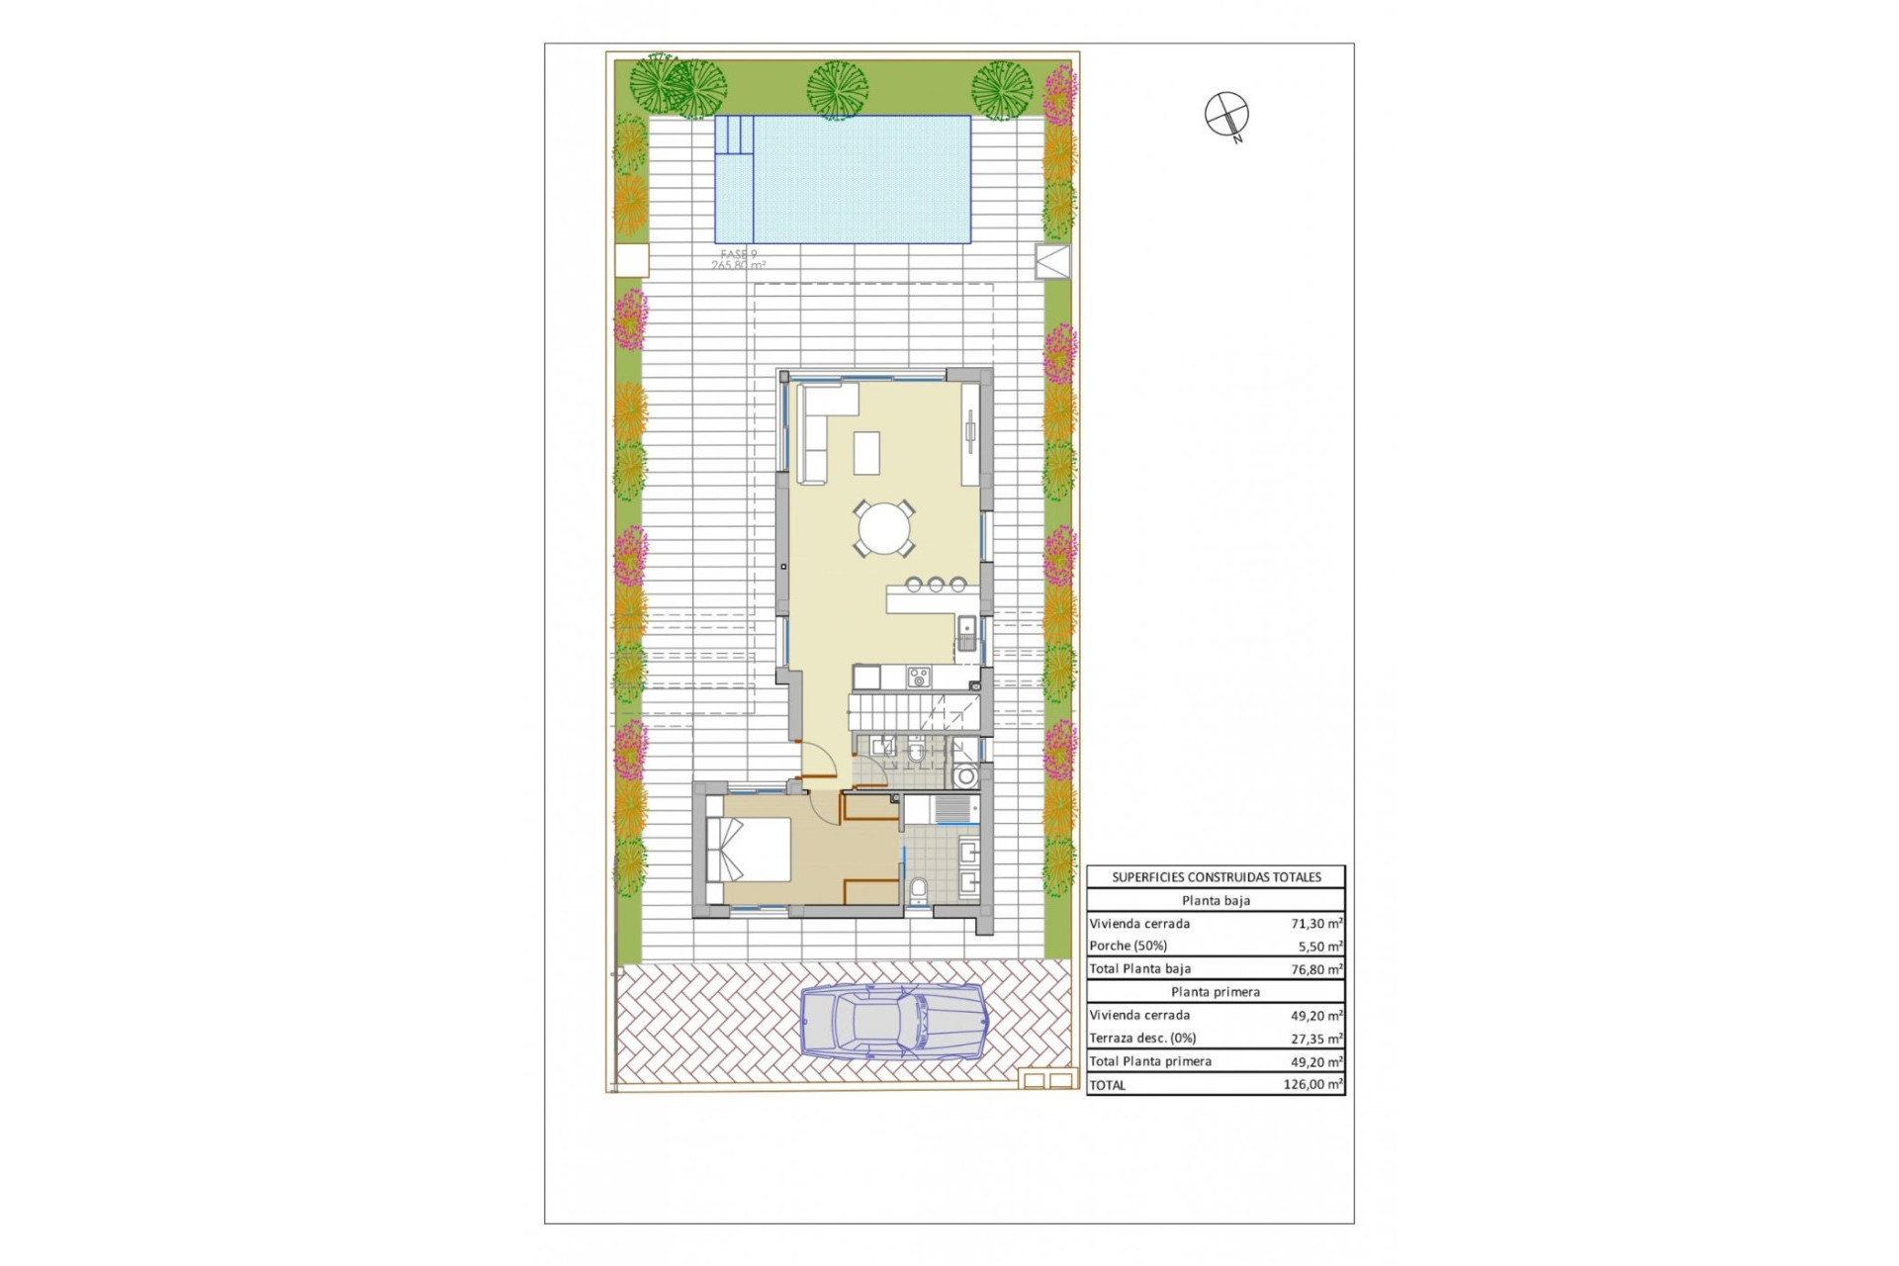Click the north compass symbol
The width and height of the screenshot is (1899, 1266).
(1226, 114)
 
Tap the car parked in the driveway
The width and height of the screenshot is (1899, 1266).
(893, 1022)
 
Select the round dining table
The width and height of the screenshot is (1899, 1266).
(884, 529)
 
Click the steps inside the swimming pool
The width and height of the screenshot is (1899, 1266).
(734, 135)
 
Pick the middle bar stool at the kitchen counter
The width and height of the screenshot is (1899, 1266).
(936, 585)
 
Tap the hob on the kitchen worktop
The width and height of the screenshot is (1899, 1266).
(919, 678)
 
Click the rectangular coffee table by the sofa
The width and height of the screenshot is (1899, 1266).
(867, 454)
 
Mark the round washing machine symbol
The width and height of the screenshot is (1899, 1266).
(965, 777)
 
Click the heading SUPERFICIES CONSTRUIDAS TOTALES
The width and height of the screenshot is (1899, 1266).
(1216, 877)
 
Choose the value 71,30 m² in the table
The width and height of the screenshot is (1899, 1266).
(1315, 924)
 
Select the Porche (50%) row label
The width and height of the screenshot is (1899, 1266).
(1128, 947)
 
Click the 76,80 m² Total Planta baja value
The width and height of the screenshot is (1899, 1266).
(1315, 969)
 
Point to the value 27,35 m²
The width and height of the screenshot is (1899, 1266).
(1315, 1039)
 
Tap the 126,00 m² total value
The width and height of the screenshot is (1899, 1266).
(1312, 1085)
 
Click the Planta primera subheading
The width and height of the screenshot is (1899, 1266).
(1216, 992)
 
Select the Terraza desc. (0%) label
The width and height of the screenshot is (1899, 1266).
(1142, 1039)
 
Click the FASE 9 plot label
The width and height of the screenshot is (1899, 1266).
(738, 255)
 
